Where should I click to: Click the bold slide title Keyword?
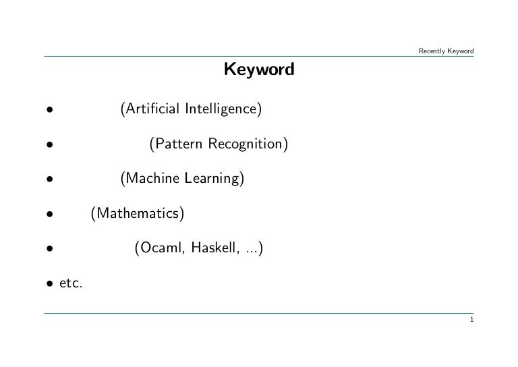(259, 69)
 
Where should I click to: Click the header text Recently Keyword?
(446, 51)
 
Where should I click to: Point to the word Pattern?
(177, 144)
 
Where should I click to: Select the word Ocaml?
(161, 249)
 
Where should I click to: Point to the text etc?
(71, 284)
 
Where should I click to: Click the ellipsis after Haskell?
(251, 251)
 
